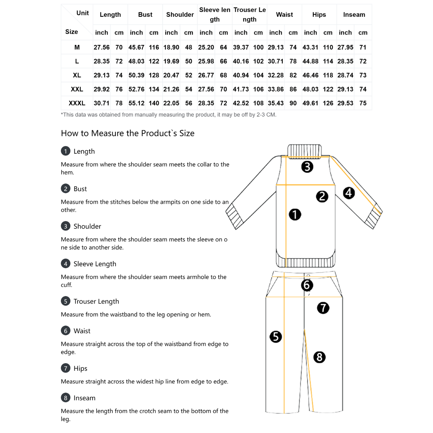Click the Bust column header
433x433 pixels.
[145, 14]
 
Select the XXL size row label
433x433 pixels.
[77, 89]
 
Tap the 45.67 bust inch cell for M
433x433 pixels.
[136, 47]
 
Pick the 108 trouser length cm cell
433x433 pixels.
[258, 103]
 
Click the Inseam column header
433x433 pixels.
[354, 14]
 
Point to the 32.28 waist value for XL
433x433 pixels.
[275, 75]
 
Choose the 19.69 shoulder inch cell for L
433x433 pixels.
[171, 61]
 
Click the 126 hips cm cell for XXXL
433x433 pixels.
[328, 103]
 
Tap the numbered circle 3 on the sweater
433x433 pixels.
[307, 167]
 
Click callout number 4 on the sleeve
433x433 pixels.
[348, 193]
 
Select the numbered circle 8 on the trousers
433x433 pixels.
[319, 357]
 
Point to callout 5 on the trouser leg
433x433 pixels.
[276, 337]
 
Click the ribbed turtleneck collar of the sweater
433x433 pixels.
[304, 150]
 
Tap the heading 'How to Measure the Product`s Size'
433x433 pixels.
[128, 133]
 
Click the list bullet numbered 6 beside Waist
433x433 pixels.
[65, 331]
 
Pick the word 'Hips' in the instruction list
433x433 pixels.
[80, 369]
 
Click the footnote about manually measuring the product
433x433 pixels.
[168, 115]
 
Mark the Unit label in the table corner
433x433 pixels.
[82, 13]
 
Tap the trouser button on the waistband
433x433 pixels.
[308, 275]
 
